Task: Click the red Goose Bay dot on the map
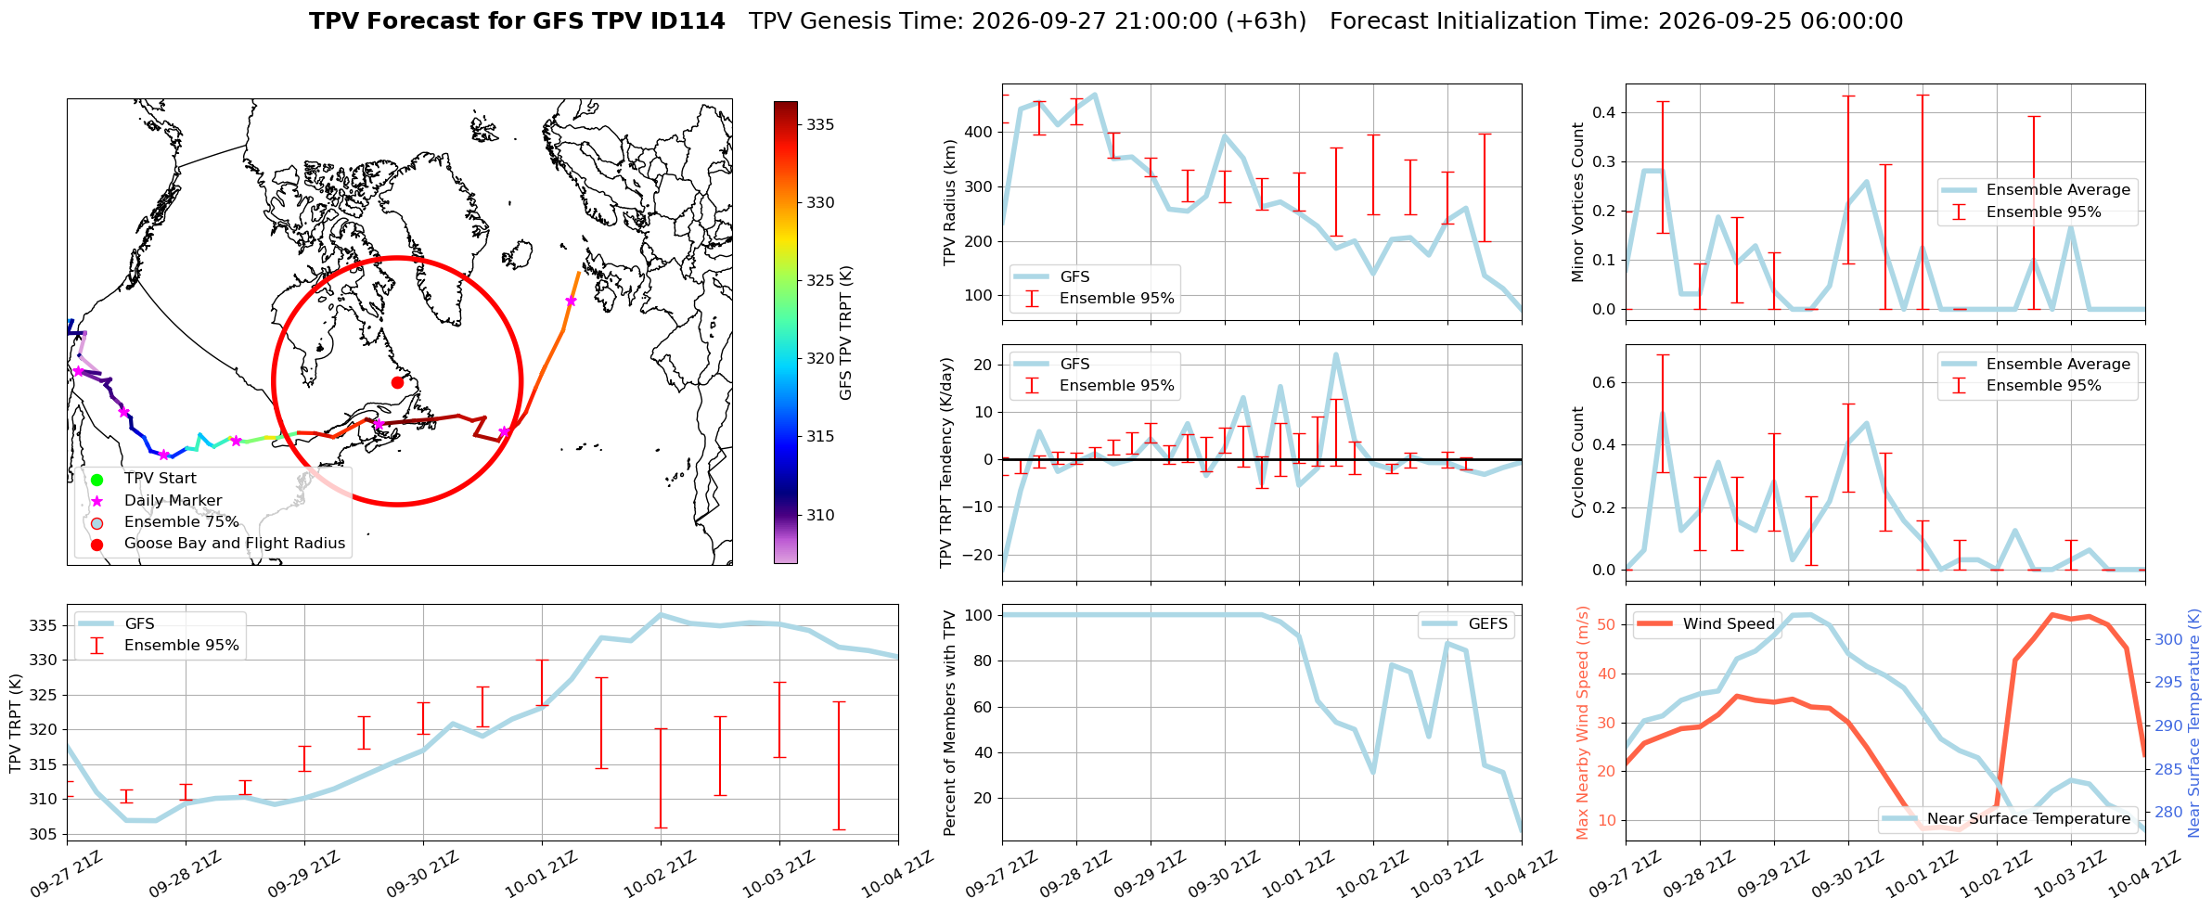point(397,382)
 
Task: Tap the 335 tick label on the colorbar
point(820,125)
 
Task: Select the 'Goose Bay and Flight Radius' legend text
point(235,544)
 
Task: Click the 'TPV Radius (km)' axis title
point(950,202)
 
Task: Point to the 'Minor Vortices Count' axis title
point(1578,202)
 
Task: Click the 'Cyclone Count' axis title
point(1578,462)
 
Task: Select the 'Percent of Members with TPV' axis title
point(950,723)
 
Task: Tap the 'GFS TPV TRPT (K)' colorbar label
point(846,333)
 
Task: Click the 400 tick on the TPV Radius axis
point(981,133)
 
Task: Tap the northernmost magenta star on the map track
point(571,301)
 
